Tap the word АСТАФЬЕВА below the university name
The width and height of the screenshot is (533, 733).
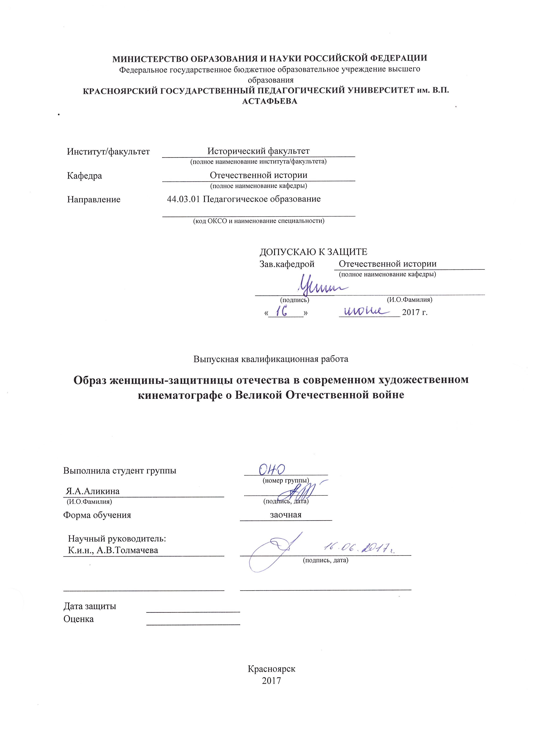pos(270,101)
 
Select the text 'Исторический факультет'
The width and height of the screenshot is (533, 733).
pos(258,151)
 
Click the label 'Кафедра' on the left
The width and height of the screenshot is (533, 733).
pos(84,176)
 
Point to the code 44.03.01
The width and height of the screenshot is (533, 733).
pos(183,199)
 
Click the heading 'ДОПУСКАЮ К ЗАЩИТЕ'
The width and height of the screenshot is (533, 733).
pos(313,252)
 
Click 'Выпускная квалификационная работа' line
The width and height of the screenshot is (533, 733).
pos(271,359)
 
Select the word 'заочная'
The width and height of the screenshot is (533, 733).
pos(286,515)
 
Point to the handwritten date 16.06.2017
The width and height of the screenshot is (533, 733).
pos(359,547)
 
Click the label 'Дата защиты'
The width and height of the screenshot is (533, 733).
pos(90,606)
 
